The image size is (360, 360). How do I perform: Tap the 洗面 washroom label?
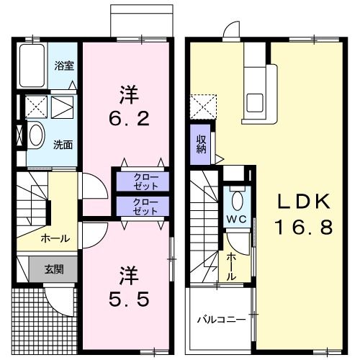coord(63,143)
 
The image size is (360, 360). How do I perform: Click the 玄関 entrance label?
coord(53,269)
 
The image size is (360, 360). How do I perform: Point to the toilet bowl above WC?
coord(238,198)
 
